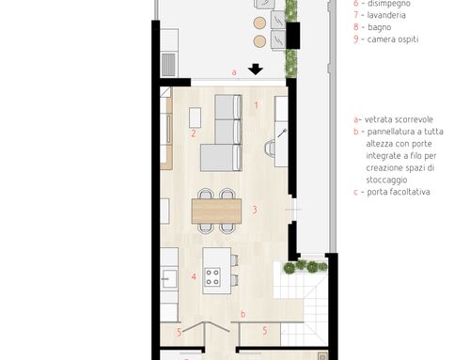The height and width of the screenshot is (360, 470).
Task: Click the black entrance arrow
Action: [256, 70]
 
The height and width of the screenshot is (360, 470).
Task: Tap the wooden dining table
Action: [216, 211]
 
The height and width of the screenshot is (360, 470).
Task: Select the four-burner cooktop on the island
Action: [212, 277]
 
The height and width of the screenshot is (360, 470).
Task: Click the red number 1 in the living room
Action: [257, 105]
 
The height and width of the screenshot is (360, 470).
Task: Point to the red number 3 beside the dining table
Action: [255, 210]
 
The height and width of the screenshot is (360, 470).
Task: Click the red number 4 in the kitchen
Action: [194, 276]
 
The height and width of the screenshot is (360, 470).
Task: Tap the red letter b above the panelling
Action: [243, 314]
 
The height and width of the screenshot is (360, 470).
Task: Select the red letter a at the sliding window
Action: [234, 72]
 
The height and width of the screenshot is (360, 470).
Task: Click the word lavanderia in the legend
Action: [386, 15]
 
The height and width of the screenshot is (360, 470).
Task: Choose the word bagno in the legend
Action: [380, 27]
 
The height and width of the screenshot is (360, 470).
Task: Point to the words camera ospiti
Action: [393, 39]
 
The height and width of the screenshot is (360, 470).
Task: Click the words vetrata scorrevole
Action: [399, 119]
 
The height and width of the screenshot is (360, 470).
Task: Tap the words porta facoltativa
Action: [399, 192]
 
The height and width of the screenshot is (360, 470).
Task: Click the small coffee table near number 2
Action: [196, 117]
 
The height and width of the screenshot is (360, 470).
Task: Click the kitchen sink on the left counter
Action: [169, 278]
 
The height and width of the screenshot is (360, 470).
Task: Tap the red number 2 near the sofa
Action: [194, 133]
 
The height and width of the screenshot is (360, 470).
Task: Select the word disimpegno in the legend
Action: [389, 4]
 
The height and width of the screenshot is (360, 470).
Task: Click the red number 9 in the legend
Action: [356, 39]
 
